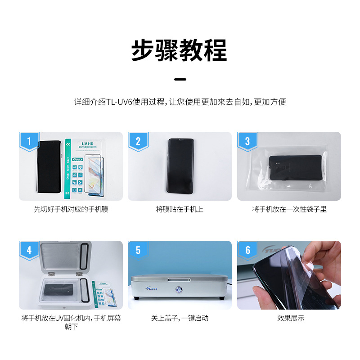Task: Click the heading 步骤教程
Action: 180,49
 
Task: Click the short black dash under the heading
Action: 180,79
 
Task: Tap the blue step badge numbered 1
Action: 29,141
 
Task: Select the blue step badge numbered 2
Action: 138,141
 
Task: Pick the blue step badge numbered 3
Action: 247,141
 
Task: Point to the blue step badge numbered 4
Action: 29,250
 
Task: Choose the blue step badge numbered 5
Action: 138,250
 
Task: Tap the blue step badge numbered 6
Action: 247,250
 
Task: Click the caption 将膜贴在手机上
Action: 180,209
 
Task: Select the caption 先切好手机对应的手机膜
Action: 71,209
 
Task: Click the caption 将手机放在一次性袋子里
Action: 289,209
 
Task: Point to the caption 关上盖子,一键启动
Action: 180,318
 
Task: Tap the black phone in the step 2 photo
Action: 180,166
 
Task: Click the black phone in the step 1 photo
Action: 49,166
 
